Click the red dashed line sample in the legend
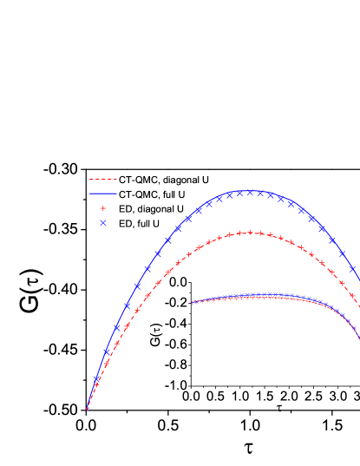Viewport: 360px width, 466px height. [103, 180]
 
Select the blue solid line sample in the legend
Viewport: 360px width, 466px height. [103, 194]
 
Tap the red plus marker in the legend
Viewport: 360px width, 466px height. [103, 208]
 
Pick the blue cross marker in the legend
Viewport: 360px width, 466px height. [103, 223]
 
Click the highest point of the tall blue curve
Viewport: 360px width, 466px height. [249, 191]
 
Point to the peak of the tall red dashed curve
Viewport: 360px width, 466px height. [250, 232]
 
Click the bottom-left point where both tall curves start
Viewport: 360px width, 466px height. [87, 409]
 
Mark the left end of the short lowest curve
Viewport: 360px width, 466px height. [192, 303]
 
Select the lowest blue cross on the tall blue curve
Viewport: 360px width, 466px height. [96, 379]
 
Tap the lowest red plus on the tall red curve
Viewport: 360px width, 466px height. [95, 384]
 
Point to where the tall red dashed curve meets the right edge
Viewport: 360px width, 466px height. [359, 306]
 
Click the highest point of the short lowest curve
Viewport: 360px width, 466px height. [260, 295]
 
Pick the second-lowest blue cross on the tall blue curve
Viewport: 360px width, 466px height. [107, 351]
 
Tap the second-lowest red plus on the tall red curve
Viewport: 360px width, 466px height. [106, 362]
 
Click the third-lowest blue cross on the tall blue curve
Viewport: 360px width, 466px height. [117, 326]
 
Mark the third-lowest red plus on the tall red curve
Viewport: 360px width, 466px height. [116, 344]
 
